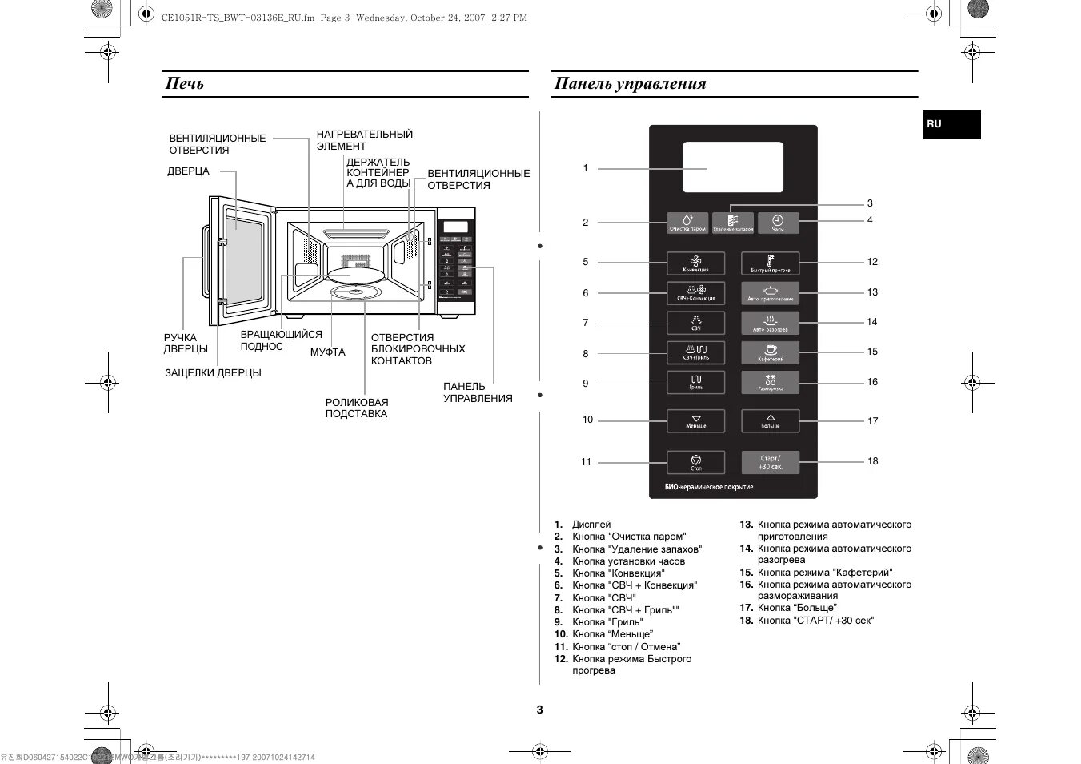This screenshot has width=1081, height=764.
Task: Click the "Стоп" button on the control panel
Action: (x=695, y=462)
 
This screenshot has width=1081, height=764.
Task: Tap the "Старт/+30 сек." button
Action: (x=770, y=462)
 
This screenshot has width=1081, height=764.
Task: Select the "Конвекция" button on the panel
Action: (x=695, y=263)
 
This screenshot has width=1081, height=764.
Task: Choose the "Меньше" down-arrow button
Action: (x=695, y=420)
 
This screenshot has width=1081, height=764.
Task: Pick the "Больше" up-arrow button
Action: (x=770, y=420)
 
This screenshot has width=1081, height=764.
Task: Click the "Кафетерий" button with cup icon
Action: (x=770, y=353)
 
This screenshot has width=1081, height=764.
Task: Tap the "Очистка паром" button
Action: (x=688, y=223)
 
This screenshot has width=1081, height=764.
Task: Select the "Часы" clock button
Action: (x=778, y=223)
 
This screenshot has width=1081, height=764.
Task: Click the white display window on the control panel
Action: (x=733, y=167)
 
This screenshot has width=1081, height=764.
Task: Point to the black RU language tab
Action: (x=951, y=125)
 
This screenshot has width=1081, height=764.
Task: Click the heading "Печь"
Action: (x=185, y=83)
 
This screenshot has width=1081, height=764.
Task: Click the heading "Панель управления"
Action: (x=630, y=83)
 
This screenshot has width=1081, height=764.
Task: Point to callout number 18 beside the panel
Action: (x=872, y=461)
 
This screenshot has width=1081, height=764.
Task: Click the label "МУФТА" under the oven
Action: (x=328, y=352)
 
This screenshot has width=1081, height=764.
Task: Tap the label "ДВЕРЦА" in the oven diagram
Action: (x=188, y=171)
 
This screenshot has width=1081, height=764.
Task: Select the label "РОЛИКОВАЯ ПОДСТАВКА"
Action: (x=357, y=408)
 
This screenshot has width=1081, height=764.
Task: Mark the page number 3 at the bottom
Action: (x=539, y=710)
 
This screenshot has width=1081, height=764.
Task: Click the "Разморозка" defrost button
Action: (x=770, y=383)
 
